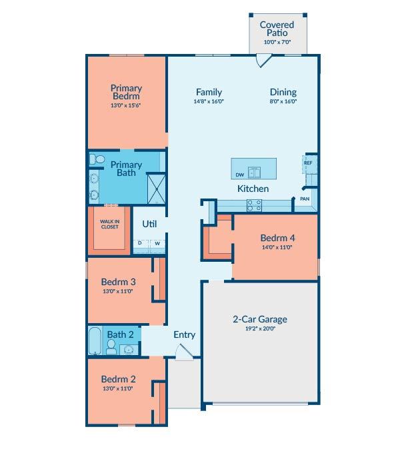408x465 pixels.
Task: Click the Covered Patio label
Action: (277, 29)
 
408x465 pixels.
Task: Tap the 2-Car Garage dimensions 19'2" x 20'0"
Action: (260, 328)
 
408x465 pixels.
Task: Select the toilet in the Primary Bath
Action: (97, 159)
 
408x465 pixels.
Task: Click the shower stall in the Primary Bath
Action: (157, 189)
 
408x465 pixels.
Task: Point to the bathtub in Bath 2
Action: (95, 340)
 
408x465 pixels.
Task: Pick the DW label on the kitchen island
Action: (240, 175)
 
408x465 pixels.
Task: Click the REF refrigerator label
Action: (308, 163)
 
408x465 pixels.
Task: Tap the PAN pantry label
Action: (305, 199)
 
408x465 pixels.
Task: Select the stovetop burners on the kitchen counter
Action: (254, 205)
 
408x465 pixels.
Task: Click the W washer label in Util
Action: (157, 243)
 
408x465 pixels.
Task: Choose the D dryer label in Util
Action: (140, 243)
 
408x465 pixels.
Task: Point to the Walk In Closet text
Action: (109, 225)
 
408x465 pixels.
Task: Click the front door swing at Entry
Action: (184, 352)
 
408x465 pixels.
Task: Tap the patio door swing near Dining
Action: (264, 60)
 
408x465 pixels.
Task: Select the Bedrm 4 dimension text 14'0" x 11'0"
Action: (277, 247)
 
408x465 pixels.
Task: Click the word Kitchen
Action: (253, 189)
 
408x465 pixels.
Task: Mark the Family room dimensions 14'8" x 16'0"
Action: (209, 101)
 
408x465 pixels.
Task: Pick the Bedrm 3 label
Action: (119, 282)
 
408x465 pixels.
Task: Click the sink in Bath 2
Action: (129, 350)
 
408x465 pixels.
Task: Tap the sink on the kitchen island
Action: (254, 173)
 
